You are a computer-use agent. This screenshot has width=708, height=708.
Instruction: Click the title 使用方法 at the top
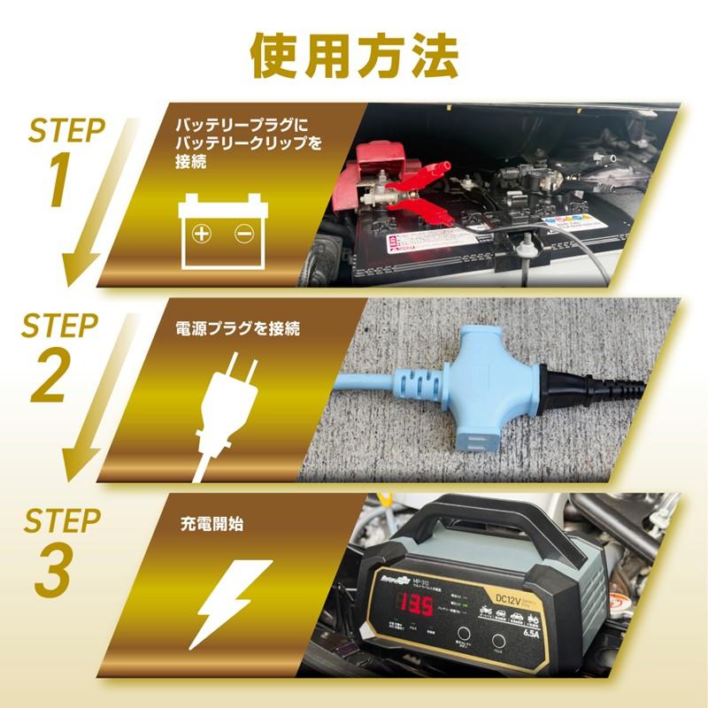tap(354, 55)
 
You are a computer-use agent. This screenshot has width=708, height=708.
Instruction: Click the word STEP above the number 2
tap(61, 326)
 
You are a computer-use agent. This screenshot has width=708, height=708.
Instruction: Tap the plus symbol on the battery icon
tap(203, 234)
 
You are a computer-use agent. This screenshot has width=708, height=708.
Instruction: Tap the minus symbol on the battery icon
tap(244, 234)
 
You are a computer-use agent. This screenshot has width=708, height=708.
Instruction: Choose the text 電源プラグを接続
tap(226, 329)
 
